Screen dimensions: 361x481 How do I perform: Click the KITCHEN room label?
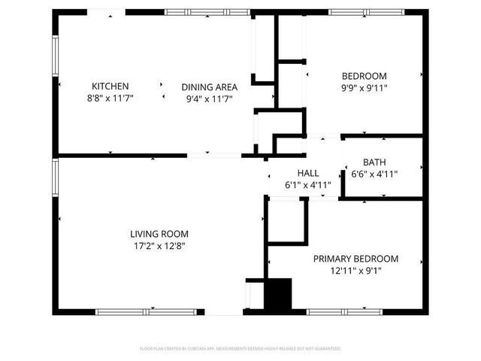[110, 86]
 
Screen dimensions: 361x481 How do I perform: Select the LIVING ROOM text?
[159, 234]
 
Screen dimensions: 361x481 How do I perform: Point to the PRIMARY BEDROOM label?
[355, 259]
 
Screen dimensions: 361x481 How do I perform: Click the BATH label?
[374, 162]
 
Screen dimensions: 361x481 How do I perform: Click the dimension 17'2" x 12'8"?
[159, 245]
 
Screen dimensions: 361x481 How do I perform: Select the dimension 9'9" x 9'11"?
[365, 87]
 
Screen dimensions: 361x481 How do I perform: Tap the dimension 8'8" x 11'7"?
[110, 98]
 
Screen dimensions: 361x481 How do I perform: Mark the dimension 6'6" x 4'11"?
[374, 174]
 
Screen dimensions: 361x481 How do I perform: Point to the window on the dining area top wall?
[207, 12]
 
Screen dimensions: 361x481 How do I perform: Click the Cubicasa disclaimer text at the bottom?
[240, 348]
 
